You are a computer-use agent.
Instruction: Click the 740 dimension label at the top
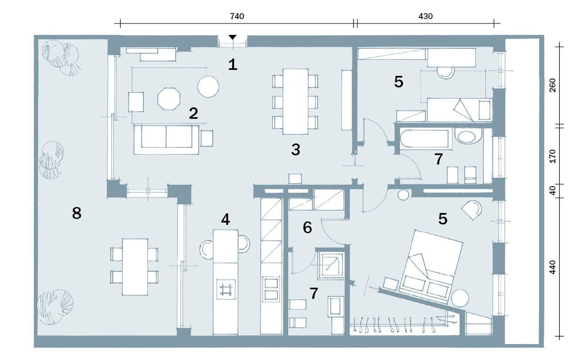click(237, 16)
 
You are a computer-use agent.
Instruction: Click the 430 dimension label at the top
click(425, 16)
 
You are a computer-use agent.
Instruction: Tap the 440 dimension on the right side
click(553, 267)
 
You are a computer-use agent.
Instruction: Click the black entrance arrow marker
click(232, 37)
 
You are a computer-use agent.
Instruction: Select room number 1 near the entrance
click(233, 65)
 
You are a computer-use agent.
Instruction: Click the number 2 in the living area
click(193, 113)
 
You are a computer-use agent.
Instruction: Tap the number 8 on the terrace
click(76, 213)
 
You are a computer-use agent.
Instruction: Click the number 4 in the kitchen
click(226, 220)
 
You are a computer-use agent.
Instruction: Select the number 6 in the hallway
click(307, 228)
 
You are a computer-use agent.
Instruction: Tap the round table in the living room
click(208, 87)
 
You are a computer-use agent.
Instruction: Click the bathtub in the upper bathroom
click(423, 139)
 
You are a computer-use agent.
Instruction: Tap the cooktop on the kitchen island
click(226, 289)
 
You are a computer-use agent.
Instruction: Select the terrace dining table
click(135, 267)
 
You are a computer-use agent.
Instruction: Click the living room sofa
click(167, 140)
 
